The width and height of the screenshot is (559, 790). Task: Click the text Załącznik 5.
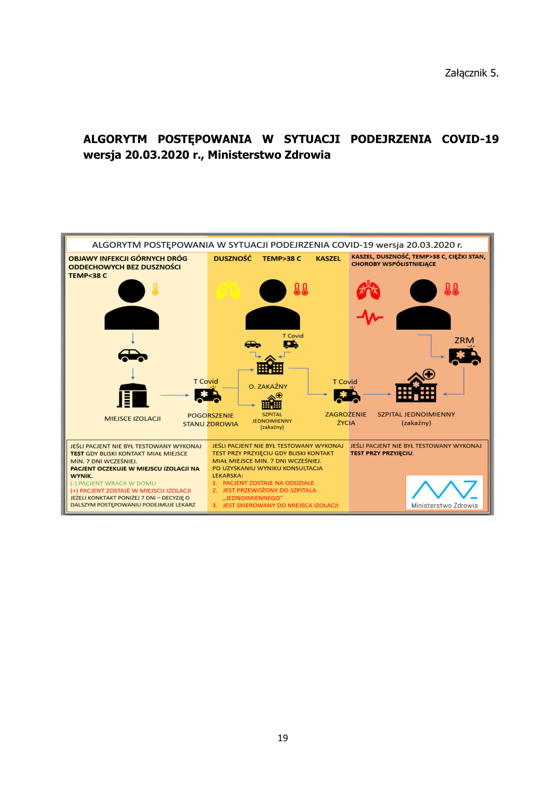coord(471,73)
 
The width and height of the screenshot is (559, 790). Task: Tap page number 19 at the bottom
coord(283,738)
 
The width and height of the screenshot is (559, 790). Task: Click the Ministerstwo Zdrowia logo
coord(444,492)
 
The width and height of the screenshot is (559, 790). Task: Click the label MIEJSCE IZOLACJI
coord(132,419)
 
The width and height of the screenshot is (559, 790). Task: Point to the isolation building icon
coord(133,395)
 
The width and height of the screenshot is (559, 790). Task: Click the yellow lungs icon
coord(228,290)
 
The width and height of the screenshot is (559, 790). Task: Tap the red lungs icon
coord(368,290)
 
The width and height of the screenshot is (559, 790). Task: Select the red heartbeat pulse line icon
coord(370,317)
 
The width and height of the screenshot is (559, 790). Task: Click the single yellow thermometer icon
coord(155,289)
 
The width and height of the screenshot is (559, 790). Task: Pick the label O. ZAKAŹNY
coord(268,387)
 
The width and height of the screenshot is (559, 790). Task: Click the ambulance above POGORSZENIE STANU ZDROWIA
coord(208,396)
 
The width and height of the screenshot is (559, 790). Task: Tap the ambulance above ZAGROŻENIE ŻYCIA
coord(347,396)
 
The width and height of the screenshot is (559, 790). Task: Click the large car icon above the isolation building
coord(133,355)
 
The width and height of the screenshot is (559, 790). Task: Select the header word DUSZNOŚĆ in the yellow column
coord(232,259)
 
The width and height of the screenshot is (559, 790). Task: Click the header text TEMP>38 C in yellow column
coord(282,259)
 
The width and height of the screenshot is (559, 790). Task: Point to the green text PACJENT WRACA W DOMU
coord(113,483)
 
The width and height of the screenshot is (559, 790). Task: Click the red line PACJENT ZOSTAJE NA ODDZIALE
coord(268,483)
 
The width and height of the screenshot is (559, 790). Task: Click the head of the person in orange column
coord(423,291)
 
